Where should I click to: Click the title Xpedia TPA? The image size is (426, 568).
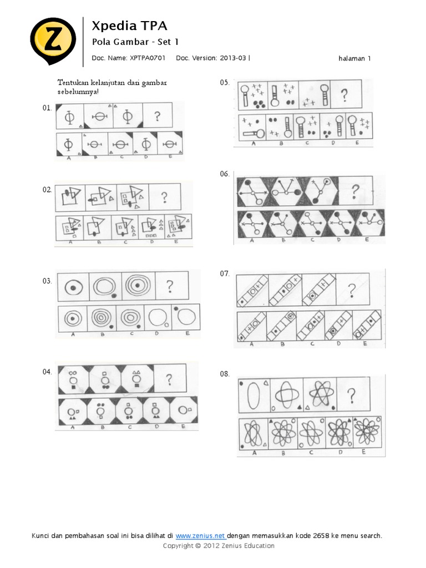pyautogui.click(x=129, y=26)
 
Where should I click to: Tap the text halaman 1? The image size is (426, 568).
pyautogui.click(x=354, y=58)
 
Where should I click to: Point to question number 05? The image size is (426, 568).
pyautogui.click(x=225, y=83)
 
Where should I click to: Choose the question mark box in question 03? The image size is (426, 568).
pyautogui.click(x=170, y=286)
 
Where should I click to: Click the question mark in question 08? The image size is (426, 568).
pyautogui.click(x=351, y=395)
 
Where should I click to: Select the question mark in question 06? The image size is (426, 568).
pyautogui.click(x=355, y=191)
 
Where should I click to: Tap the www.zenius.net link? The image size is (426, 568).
pyautogui.click(x=200, y=536)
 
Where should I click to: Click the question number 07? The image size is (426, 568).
pyautogui.click(x=225, y=273)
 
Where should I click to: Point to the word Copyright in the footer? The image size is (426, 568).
pyautogui.click(x=177, y=546)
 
